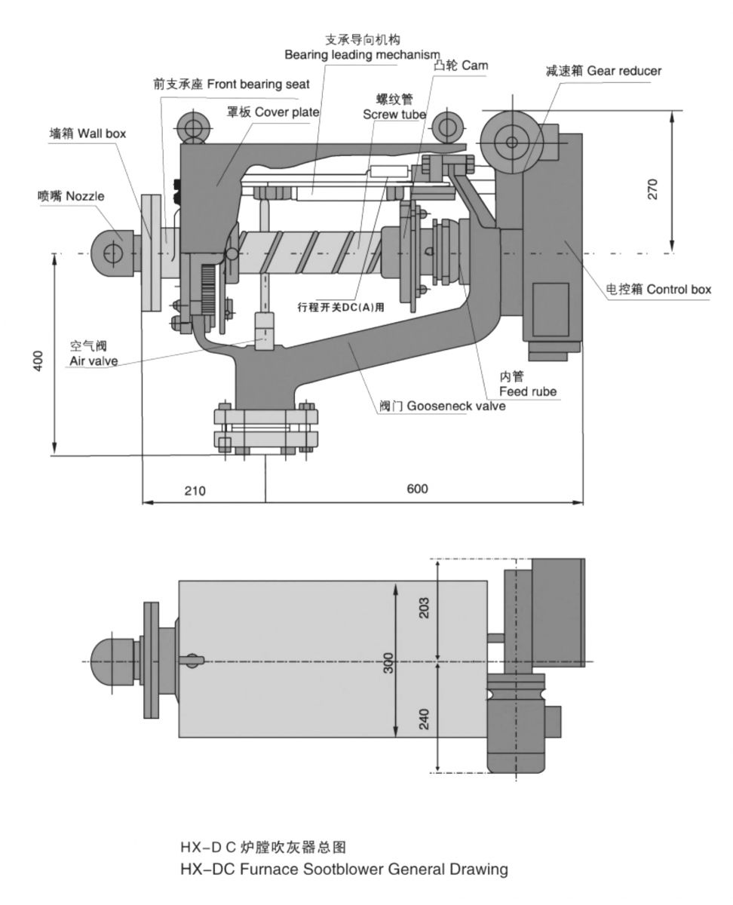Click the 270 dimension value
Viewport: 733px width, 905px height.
coord(653,188)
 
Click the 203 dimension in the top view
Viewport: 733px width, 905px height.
coord(424,608)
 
